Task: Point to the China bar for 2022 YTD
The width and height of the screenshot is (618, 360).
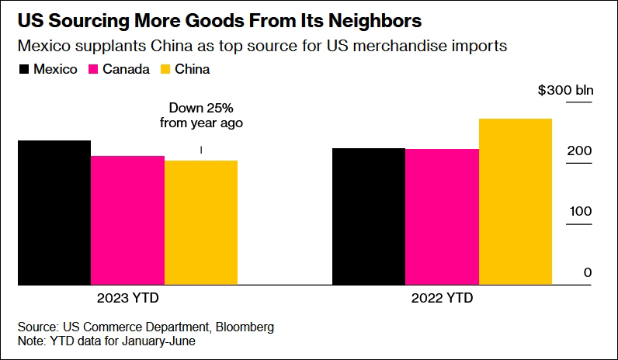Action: pyautogui.click(x=516, y=201)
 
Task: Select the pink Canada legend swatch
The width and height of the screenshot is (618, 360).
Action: pyautogui.click(x=95, y=70)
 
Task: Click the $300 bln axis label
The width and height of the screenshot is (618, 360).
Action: pyautogui.click(x=565, y=91)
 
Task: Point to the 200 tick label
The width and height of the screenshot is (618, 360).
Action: pyautogui.click(x=581, y=151)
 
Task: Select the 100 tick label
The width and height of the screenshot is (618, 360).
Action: pyautogui.click(x=581, y=212)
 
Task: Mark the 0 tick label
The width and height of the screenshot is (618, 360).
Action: pyautogui.click(x=588, y=272)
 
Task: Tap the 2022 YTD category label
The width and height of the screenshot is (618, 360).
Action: pyautogui.click(x=442, y=298)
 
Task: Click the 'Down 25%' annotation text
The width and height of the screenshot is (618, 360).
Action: pyautogui.click(x=201, y=108)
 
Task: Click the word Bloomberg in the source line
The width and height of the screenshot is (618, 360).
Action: pyautogui.click(x=245, y=327)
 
